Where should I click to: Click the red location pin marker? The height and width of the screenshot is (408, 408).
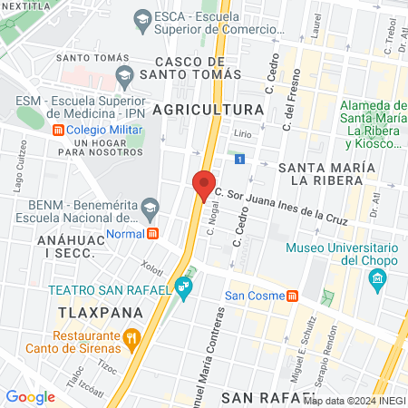[204, 184]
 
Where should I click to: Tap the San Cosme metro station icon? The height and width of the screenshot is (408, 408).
[293, 296]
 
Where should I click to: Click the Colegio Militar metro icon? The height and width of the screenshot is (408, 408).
[59, 130]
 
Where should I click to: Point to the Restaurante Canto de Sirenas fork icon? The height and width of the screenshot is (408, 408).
[132, 341]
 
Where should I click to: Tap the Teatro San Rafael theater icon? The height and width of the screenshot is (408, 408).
[184, 289]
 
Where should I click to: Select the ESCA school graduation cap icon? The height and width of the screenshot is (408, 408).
[142, 17]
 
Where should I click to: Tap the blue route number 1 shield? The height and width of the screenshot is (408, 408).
[238, 159]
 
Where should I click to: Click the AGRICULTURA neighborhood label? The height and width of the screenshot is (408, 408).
[208, 110]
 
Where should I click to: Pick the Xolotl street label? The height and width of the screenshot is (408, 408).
[151, 267]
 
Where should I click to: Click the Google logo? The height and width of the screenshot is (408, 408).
[30, 396]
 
